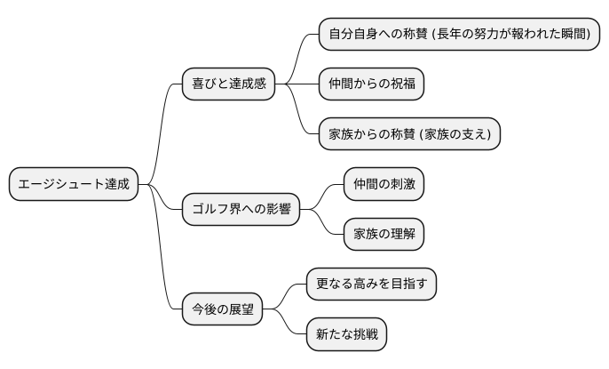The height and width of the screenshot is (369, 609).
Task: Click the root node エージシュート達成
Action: pos(74,185)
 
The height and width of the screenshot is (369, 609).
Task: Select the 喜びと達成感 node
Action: pos(228,84)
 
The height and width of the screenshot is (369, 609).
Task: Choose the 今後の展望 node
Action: pos(223,309)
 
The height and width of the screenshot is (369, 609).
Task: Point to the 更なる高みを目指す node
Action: pos(371,285)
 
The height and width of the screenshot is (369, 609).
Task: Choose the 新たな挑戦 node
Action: pos(346,334)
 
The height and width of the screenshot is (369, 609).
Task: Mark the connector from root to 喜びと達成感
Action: pos(161,133)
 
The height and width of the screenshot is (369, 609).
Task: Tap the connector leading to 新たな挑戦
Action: pos(289,325)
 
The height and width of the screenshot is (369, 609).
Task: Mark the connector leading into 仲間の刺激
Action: pos(328,195)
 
